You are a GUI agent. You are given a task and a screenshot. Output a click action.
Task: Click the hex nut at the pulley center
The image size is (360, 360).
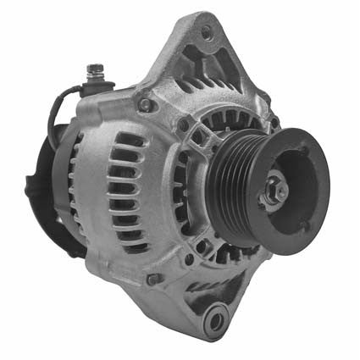274,194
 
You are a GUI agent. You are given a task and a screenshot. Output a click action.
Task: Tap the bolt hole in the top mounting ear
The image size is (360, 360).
207,33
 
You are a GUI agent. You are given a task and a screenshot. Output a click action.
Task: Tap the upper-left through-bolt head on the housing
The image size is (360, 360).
146,105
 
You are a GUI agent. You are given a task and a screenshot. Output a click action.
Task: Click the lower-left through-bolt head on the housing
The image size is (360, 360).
152,279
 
